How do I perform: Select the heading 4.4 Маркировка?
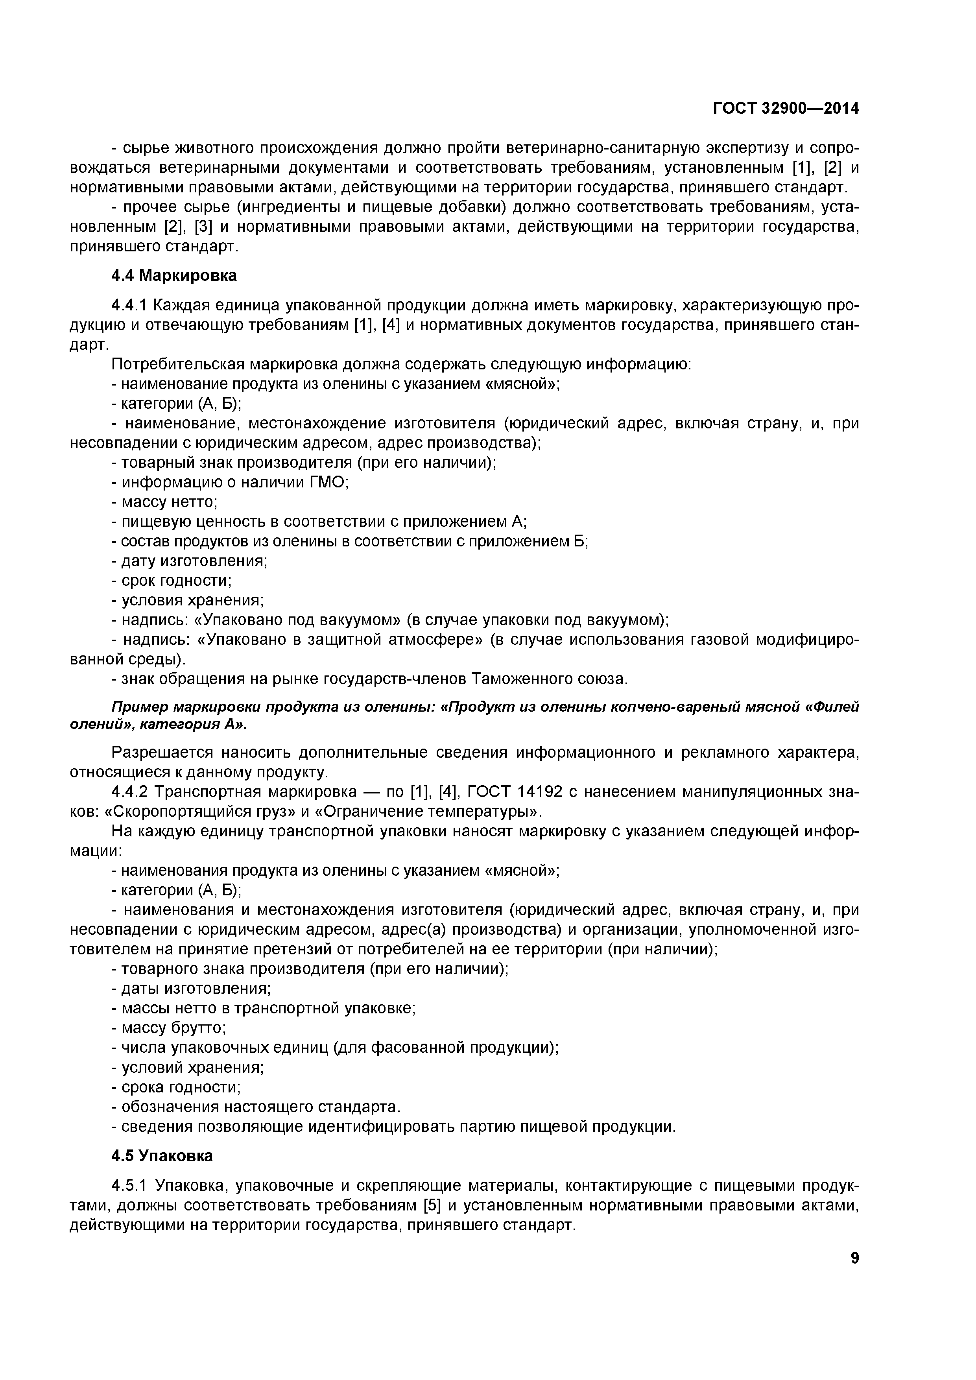174,276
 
